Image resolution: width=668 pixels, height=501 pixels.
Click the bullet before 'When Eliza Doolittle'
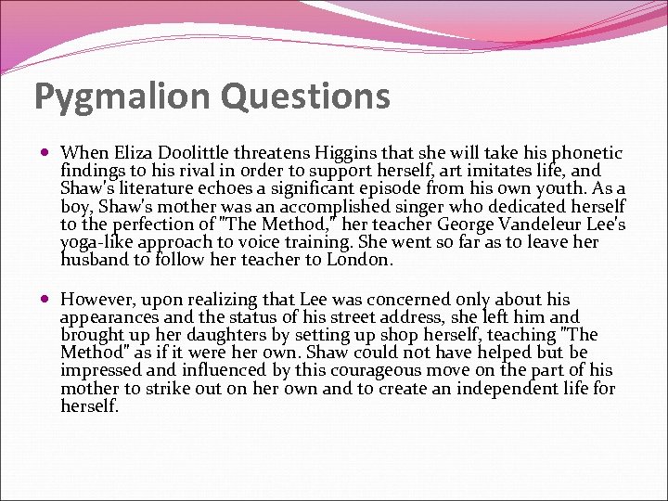click(47, 153)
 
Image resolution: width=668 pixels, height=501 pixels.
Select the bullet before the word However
click(47, 300)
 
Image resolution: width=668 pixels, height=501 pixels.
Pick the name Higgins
click(342, 153)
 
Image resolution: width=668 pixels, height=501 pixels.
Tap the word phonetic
click(584, 153)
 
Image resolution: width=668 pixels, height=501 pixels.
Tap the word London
click(357, 261)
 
